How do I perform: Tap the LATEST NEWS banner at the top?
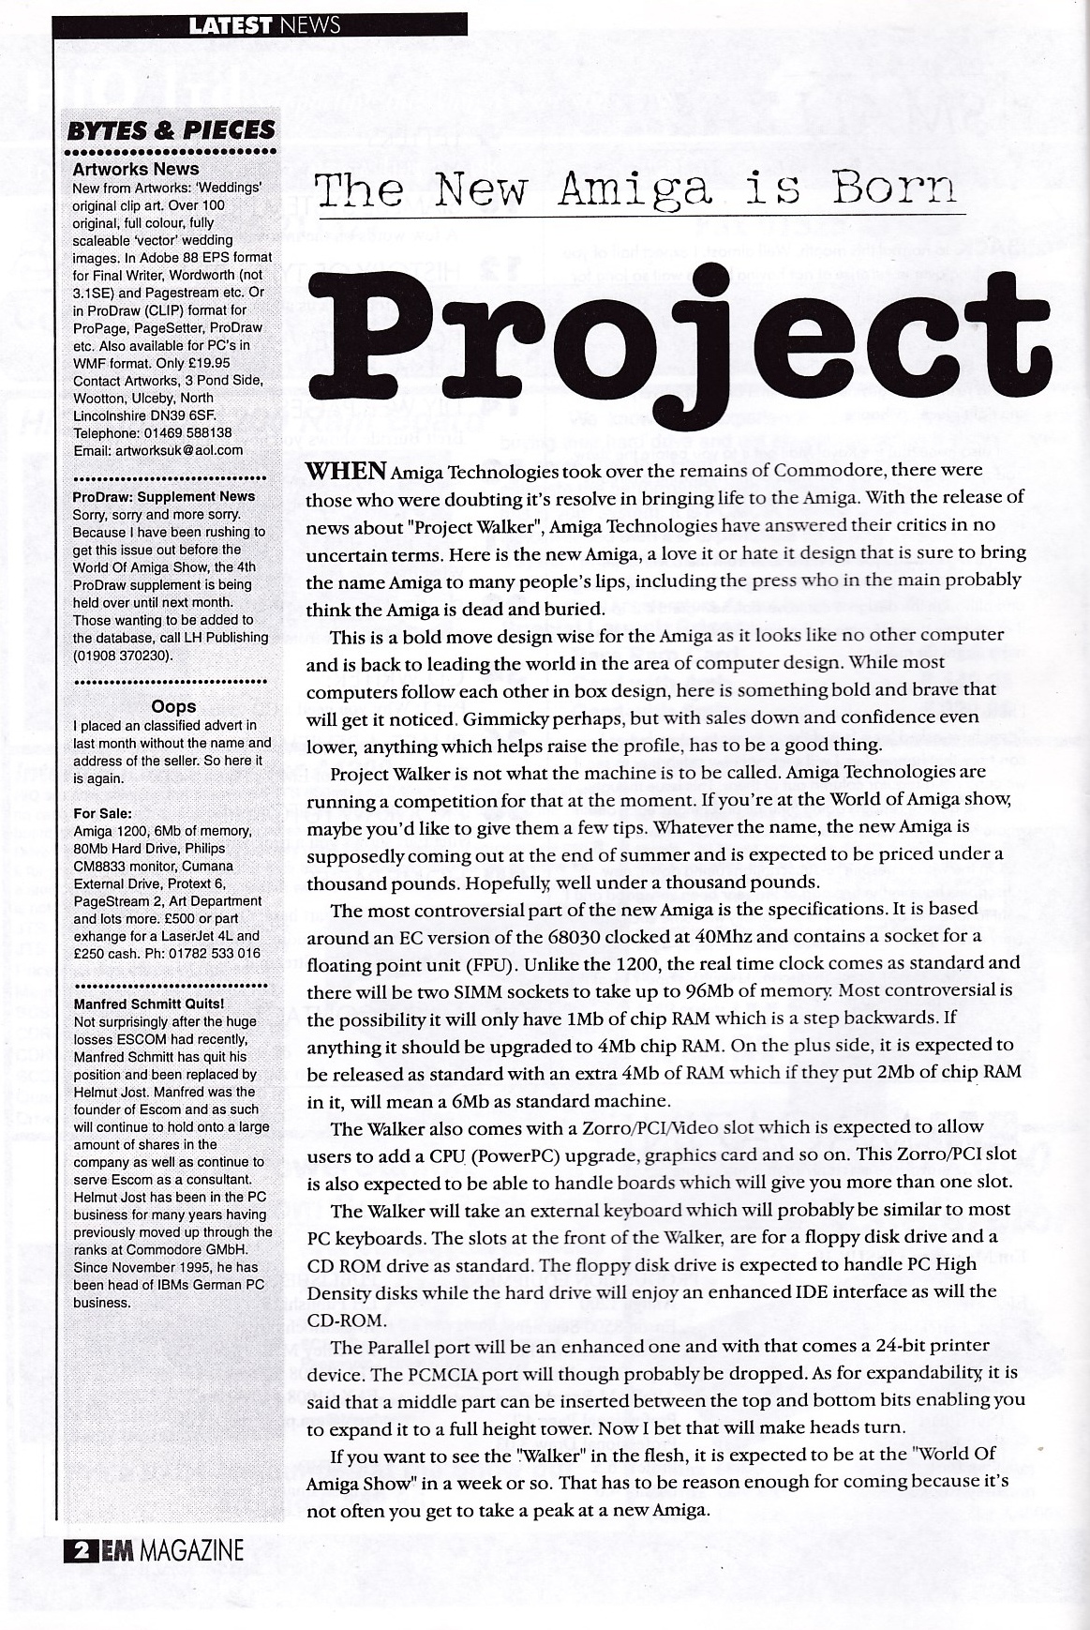pyautogui.click(x=264, y=25)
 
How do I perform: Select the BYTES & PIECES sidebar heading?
pyautogui.click(x=171, y=129)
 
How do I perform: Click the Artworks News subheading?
pyautogui.click(x=136, y=169)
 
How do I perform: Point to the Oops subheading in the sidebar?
pyautogui.click(x=173, y=706)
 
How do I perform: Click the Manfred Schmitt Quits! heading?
pyautogui.click(x=148, y=1004)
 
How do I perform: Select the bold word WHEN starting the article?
pyautogui.click(x=346, y=470)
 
